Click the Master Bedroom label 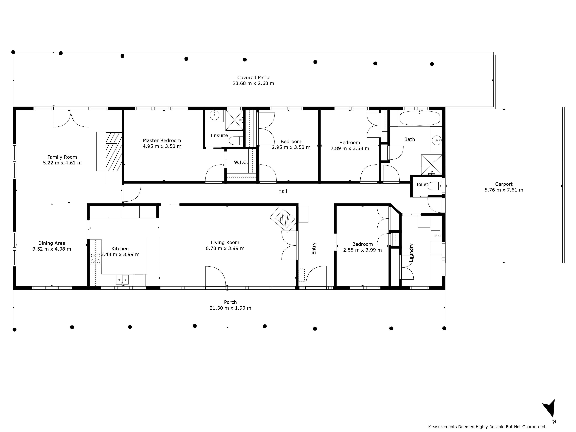pos(162,141)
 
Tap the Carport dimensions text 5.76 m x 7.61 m pos(504,190)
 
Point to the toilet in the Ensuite pos(236,141)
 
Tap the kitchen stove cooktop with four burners pos(96,258)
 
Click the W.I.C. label pos(241,162)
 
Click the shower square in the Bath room pos(431,165)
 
